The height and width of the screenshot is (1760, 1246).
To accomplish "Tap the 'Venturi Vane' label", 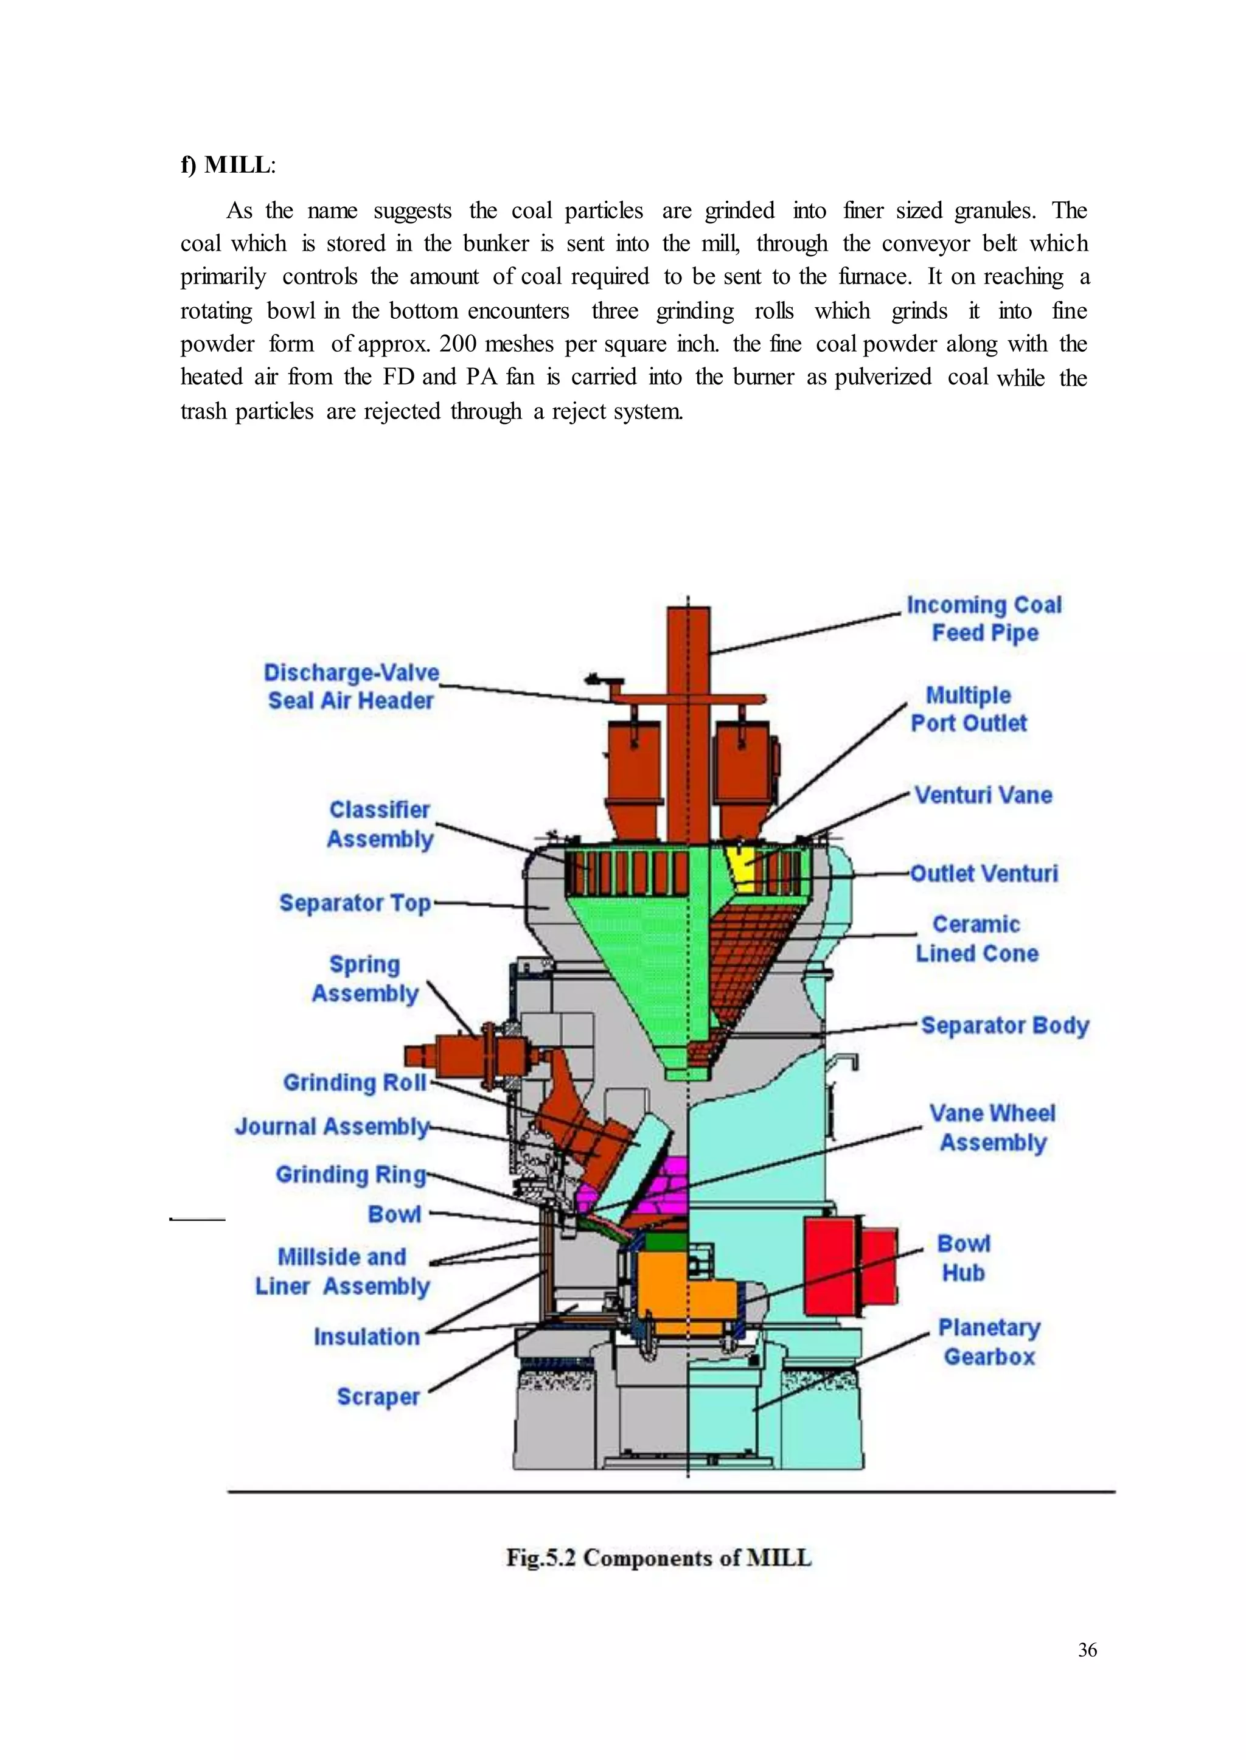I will [x=983, y=795].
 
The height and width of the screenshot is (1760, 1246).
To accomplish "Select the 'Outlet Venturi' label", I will [x=984, y=873].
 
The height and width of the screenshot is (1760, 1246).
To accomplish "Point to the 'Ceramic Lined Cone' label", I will [x=976, y=939].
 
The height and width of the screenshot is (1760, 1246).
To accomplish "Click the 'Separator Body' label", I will [x=1004, y=1026].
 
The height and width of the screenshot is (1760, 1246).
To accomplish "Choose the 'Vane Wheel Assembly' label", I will [x=993, y=1128].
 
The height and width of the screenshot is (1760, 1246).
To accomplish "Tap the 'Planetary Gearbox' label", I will [x=989, y=1342].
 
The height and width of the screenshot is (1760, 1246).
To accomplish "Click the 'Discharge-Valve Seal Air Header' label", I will [x=352, y=687].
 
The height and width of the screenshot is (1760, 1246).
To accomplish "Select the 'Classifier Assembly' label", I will [x=380, y=825].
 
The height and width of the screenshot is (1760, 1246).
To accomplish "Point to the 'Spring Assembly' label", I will [x=365, y=979].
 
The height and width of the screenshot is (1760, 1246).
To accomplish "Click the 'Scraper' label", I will [x=378, y=1396].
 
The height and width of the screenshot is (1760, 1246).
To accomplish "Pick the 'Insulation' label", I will [x=367, y=1337].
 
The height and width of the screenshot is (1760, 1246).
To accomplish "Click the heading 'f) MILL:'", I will [x=228, y=165].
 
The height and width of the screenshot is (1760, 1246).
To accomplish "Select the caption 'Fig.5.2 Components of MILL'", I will [x=658, y=1558].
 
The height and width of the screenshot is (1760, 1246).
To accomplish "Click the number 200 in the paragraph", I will [x=458, y=344].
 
